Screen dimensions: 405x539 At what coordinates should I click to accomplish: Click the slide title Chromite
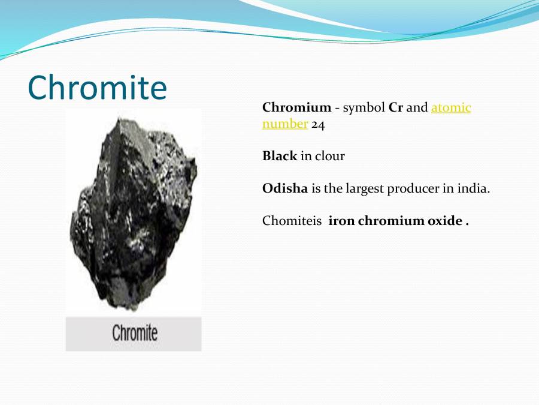pyautogui.click(x=97, y=88)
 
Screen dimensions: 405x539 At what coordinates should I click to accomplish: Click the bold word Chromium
pyautogui.click(x=296, y=108)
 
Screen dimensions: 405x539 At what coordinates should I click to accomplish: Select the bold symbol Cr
pyautogui.click(x=396, y=108)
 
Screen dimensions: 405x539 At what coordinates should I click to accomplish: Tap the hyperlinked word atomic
pyautogui.click(x=451, y=108)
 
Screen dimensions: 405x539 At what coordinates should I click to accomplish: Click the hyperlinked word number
pyautogui.click(x=285, y=124)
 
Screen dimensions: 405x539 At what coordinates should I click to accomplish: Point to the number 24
pyautogui.click(x=318, y=125)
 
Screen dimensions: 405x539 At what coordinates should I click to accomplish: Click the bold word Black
pyautogui.click(x=280, y=156)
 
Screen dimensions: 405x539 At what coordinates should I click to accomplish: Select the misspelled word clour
pyautogui.click(x=330, y=156)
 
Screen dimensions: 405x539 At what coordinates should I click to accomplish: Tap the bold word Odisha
pyautogui.click(x=285, y=188)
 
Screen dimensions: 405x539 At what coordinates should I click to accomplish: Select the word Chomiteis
pyautogui.click(x=292, y=221)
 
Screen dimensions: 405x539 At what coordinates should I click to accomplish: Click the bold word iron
pyautogui.click(x=342, y=221)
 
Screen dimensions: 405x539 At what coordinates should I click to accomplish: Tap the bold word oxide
pyautogui.click(x=445, y=221)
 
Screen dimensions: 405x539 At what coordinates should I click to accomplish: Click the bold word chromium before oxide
pyautogui.click(x=392, y=221)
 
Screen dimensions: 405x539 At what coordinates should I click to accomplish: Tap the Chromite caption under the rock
pyautogui.click(x=134, y=333)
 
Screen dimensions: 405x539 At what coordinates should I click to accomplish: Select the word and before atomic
pyautogui.click(x=417, y=108)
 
